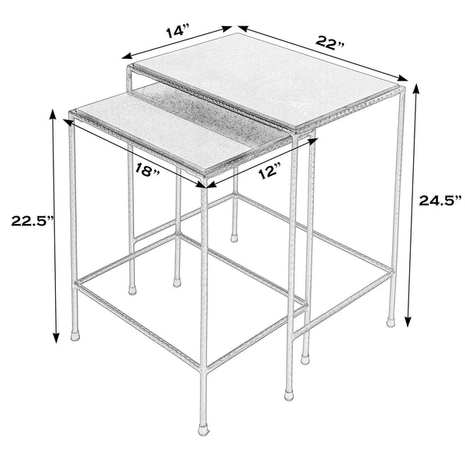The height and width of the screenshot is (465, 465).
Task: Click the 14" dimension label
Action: (177, 32)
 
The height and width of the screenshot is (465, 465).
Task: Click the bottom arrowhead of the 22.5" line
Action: (55, 339)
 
